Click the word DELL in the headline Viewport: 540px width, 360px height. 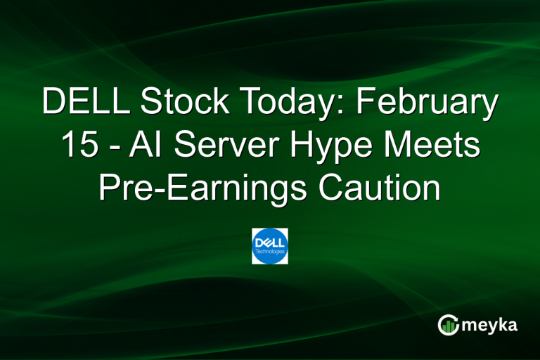pyautogui.click(x=85, y=103)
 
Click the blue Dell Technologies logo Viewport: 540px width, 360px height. pyautogui.click(x=270, y=246)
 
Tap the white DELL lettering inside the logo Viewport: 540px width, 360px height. pyautogui.click(x=270, y=243)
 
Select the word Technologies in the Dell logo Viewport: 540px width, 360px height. pyautogui.click(x=270, y=252)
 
